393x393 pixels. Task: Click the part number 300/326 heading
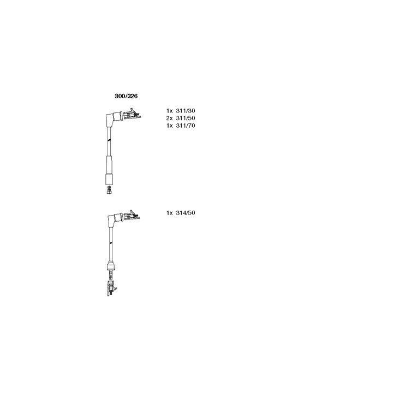pyautogui.click(x=126, y=96)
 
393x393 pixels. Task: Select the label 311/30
pyautogui.click(x=186, y=110)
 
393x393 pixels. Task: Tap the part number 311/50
pyautogui.click(x=186, y=118)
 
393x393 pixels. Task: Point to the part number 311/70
pyautogui.click(x=186, y=126)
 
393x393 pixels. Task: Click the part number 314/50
pyautogui.click(x=186, y=213)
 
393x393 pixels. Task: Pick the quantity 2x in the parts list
pyautogui.click(x=170, y=118)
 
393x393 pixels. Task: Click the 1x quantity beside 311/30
pyautogui.click(x=170, y=110)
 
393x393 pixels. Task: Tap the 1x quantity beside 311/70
pyautogui.click(x=170, y=126)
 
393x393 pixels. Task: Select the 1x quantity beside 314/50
pyautogui.click(x=170, y=213)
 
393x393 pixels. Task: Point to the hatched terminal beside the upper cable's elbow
pyautogui.click(x=132, y=115)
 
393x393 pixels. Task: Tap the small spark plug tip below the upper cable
pyautogui.click(x=109, y=190)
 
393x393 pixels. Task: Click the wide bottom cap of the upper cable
pyautogui.click(x=109, y=180)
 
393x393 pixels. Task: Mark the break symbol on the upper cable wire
pyautogui.click(x=109, y=140)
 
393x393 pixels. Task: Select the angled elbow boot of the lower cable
pyautogui.click(x=114, y=219)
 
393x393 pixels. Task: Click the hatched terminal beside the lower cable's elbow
pyautogui.click(x=131, y=215)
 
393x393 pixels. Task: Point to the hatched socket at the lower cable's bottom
pyautogui.click(x=111, y=288)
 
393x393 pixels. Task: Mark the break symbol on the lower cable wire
pyautogui.click(x=110, y=243)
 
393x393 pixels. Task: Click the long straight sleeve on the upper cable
pyautogui.click(x=109, y=165)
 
